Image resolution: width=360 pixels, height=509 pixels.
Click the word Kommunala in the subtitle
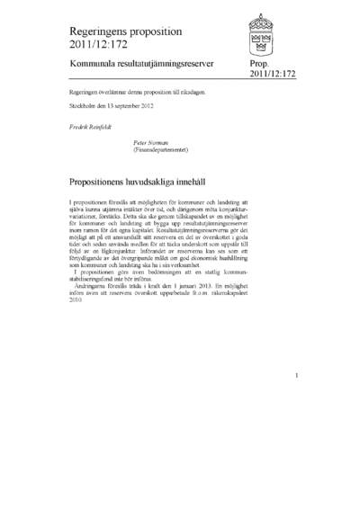(94, 66)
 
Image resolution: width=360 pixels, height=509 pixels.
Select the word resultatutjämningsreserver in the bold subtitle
(175, 66)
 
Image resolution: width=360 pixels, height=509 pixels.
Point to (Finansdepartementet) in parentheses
(166, 149)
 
